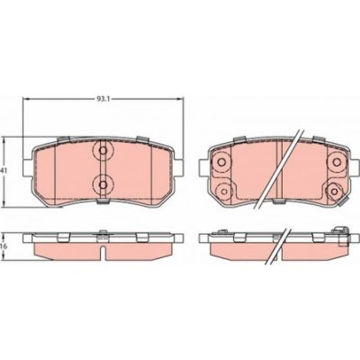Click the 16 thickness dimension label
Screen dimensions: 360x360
coord(5,243)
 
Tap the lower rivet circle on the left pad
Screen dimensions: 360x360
coord(102,184)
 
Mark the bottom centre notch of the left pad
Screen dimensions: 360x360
coord(102,202)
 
